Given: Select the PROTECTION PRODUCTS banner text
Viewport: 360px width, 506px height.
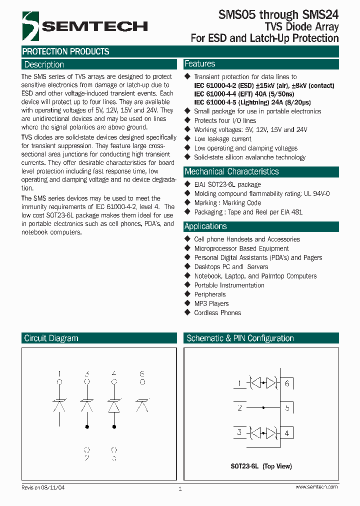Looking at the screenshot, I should pyautogui.click(x=65, y=51).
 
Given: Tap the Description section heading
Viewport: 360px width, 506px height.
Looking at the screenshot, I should pyautogui.click(x=44, y=64).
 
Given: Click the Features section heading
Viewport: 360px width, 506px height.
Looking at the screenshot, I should pyautogui.click(x=199, y=64).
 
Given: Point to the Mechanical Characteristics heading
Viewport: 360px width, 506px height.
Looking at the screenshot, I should pyautogui.click(x=231, y=171).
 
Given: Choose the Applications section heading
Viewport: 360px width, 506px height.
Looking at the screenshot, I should pyautogui.click(x=205, y=226).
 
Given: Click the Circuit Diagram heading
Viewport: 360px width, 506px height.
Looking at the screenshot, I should pyautogui.click(x=51, y=338).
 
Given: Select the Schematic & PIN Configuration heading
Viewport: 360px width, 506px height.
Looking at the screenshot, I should pyautogui.click(x=240, y=338).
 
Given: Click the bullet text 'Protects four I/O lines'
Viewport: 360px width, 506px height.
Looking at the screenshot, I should pyautogui.click(x=224, y=120).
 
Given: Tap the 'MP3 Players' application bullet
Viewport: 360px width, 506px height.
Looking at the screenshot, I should pyautogui.click(x=211, y=303).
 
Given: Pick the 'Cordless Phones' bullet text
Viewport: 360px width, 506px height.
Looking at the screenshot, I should pyautogui.click(x=217, y=312).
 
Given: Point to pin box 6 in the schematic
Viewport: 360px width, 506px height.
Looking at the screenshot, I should pyautogui.click(x=286, y=383).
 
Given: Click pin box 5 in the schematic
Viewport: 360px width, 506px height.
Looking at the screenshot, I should pyautogui.click(x=286, y=408).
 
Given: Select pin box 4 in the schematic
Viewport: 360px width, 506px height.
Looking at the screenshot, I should pyautogui.click(x=286, y=432).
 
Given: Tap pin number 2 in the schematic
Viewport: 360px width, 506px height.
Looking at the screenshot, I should pyautogui.click(x=240, y=408).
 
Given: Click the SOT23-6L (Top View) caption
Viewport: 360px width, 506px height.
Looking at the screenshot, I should pyautogui.click(x=261, y=466).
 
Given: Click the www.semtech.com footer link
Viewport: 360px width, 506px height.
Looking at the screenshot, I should pyautogui.click(x=316, y=487).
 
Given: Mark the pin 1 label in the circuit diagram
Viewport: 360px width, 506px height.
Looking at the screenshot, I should pyautogui.click(x=60, y=374).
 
